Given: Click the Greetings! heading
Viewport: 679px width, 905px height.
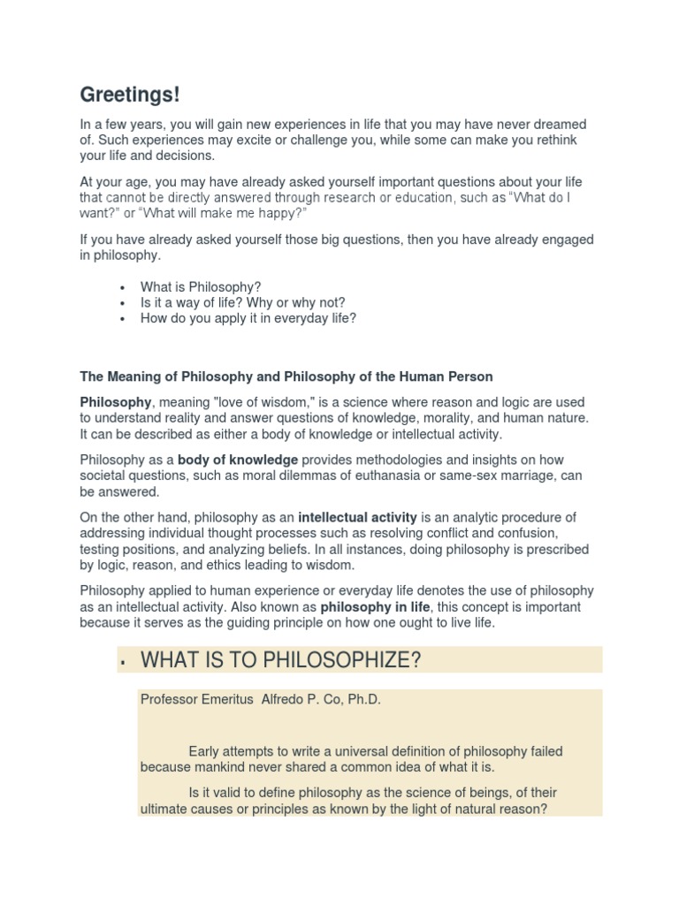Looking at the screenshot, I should coord(129,95).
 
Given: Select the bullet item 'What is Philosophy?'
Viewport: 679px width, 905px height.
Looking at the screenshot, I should coord(201,286).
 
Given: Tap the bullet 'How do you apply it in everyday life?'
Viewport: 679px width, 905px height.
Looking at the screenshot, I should coord(248,318).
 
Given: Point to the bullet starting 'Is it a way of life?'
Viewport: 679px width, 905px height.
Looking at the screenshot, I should coord(242,302).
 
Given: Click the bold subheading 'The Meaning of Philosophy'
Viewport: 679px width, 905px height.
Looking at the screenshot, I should coord(286,376).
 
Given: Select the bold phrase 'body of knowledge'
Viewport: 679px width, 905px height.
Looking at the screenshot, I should coord(238,460).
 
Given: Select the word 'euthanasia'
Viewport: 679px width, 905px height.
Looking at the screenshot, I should coord(393,476).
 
